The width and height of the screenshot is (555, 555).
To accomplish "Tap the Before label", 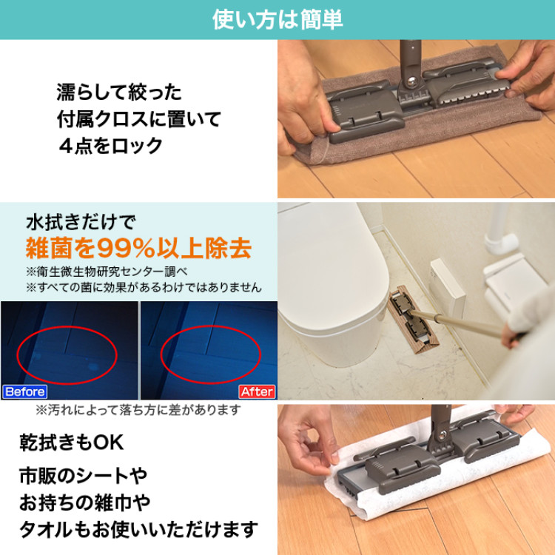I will [24, 391].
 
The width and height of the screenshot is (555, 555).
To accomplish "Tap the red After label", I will [257, 391].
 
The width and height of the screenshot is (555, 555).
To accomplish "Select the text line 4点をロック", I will [110, 145].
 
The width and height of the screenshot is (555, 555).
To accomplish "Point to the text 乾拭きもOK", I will [71, 443].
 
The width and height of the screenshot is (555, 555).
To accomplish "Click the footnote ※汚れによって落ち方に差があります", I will [138, 409].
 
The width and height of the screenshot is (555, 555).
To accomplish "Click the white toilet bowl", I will [326, 296].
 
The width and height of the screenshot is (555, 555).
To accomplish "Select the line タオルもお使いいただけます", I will [138, 530].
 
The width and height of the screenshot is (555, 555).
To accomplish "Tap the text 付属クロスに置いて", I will [138, 119].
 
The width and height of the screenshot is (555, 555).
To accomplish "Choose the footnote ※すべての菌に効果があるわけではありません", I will [144, 286].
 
